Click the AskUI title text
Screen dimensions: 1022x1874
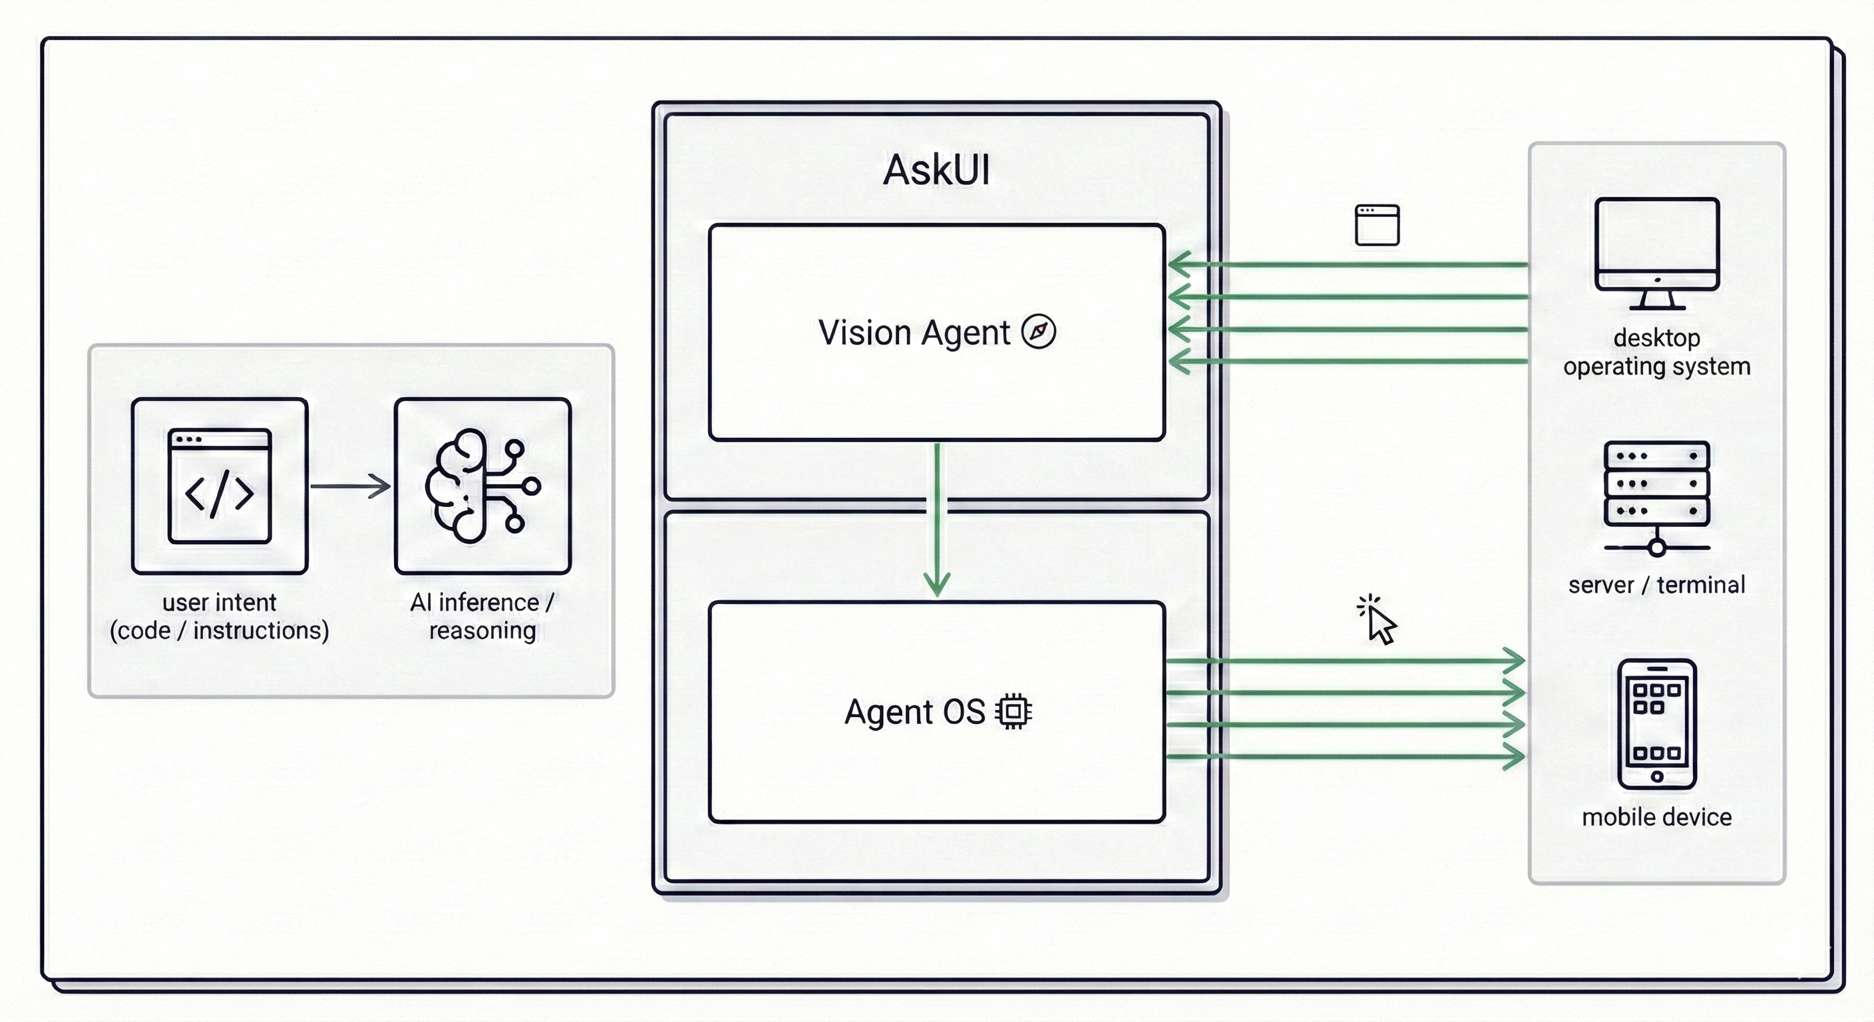pyautogui.click(x=936, y=170)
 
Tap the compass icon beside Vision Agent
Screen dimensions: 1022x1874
pyautogui.click(x=1038, y=332)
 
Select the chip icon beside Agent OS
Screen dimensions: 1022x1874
pyautogui.click(x=1014, y=711)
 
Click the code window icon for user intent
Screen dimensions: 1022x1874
pyautogui.click(x=220, y=486)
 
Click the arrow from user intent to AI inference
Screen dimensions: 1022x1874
pyautogui.click(x=351, y=486)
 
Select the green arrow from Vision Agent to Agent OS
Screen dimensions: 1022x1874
pyautogui.click(x=937, y=520)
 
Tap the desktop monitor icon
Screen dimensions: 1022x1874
pyautogui.click(x=1656, y=253)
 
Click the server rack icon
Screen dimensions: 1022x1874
pyautogui.click(x=1656, y=498)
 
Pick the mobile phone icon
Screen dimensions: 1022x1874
pyautogui.click(x=1656, y=724)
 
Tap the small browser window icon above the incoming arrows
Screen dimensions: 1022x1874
pyautogui.click(x=1377, y=225)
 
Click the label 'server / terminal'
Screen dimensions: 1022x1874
pyautogui.click(x=1656, y=585)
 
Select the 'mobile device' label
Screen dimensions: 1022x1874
pyautogui.click(x=1656, y=817)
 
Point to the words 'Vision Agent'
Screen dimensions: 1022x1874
pyautogui.click(x=914, y=333)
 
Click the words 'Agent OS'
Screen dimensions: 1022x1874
pyautogui.click(x=914, y=711)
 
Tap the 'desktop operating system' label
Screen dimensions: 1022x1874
pyautogui.click(x=1656, y=352)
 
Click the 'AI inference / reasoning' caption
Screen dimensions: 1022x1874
pyautogui.click(x=482, y=616)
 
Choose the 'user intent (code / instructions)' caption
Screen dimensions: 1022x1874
pyautogui.click(x=220, y=616)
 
